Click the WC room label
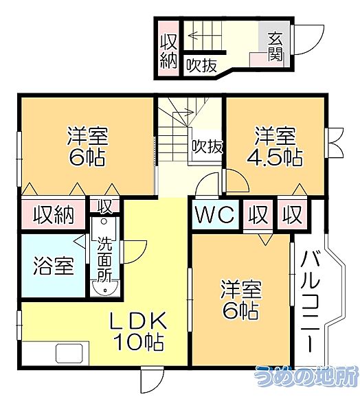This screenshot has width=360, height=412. tap(214, 214)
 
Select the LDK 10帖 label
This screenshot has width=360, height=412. tap(138, 331)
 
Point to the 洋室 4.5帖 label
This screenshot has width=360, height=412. tap(275, 146)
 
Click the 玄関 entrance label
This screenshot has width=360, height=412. tap(275, 46)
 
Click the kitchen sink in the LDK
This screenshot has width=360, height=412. tap(69, 354)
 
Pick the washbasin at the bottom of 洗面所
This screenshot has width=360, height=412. tap(105, 288)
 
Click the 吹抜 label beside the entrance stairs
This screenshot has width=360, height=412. tap(201, 65)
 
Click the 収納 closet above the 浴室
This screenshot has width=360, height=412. tap(54, 215)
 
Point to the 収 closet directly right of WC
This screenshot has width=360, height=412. tap(258, 215)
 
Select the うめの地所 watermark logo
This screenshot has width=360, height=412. tap(306, 376)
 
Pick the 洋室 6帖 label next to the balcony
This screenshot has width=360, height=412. tap(241, 299)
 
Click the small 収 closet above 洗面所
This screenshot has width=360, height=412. tap(104, 206)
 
